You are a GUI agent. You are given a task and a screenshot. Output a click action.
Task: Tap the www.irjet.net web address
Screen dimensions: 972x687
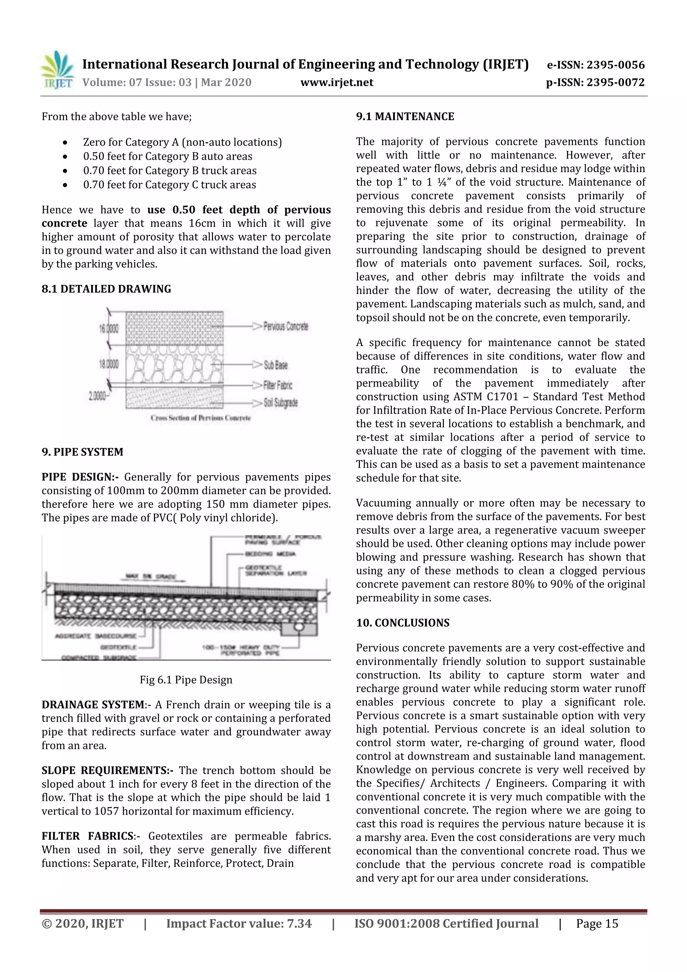click(x=336, y=82)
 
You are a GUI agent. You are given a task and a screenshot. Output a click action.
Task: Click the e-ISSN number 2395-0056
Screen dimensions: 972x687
click(x=615, y=65)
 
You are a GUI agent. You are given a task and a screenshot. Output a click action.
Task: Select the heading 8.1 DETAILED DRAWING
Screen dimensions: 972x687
click(x=106, y=289)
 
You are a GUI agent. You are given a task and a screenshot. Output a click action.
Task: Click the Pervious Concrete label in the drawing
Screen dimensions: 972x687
click(x=286, y=326)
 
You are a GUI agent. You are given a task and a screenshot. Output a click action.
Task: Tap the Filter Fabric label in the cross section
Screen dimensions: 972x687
click(x=278, y=385)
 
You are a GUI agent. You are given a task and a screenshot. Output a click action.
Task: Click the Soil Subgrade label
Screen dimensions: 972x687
click(x=281, y=403)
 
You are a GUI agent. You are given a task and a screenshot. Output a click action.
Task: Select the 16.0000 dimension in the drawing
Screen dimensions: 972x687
click(x=109, y=328)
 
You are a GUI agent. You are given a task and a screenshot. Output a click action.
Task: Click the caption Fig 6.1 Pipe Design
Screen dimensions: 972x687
click(x=186, y=680)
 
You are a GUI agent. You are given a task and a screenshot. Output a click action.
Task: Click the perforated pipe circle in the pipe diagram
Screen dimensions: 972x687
click(x=299, y=625)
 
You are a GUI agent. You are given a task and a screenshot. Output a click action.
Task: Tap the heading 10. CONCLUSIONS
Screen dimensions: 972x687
click(x=403, y=623)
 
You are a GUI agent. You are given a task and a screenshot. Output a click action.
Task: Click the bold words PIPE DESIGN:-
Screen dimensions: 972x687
click(x=80, y=477)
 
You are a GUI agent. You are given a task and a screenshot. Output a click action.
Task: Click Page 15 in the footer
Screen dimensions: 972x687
click(x=597, y=923)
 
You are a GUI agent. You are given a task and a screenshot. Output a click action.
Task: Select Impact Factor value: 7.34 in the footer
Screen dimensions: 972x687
click(x=239, y=923)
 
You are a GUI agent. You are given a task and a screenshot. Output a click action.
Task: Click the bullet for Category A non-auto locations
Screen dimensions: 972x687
click(x=65, y=142)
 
